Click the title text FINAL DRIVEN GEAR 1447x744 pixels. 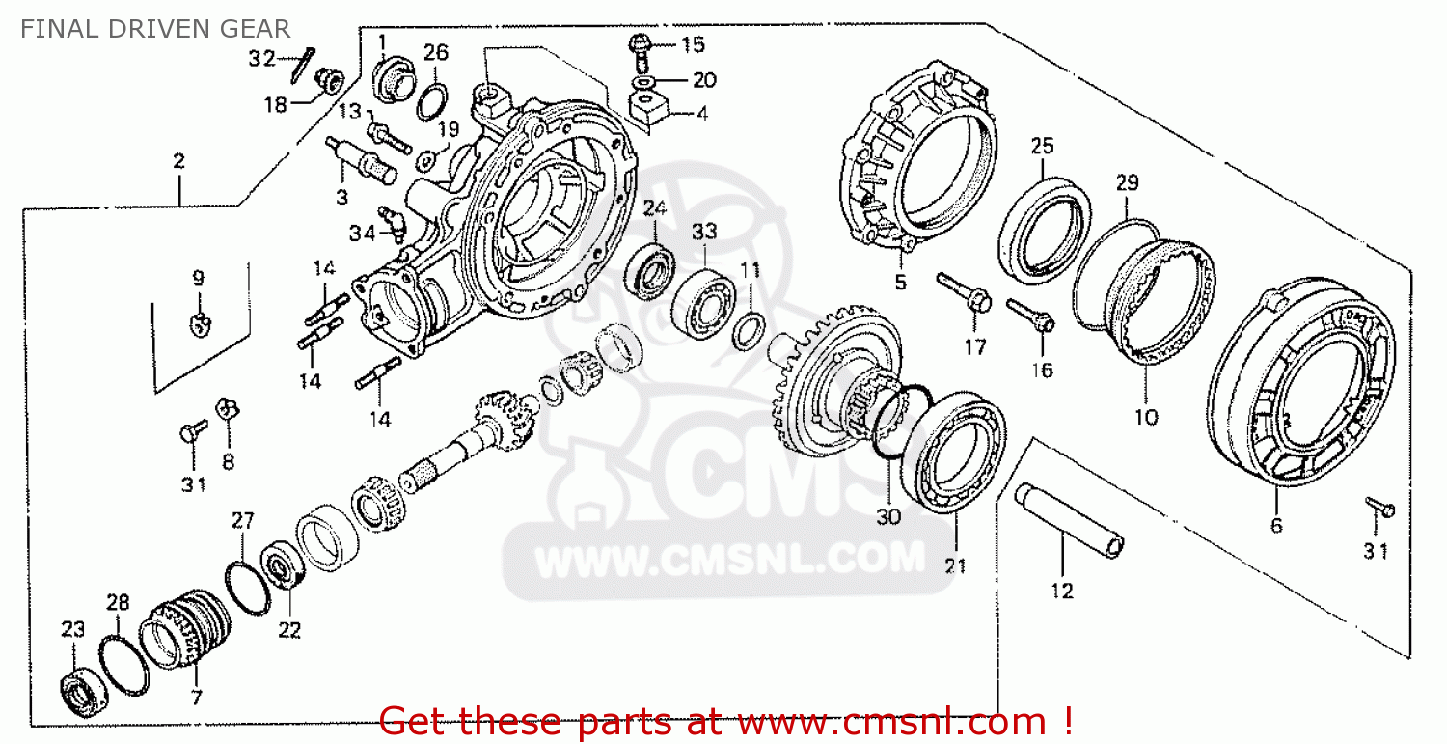(x=155, y=29)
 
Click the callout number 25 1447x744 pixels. (x=1041, y=147)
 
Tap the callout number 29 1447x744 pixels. (x=1127, y=182)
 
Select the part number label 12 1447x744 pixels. (x=1061, y=591)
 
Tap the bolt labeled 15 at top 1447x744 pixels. (x=639, y=44)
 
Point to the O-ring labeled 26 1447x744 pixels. (x=433, y=99)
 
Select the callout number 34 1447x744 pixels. (x=362, y=233)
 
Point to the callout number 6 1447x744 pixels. (x=1275, y=525)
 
